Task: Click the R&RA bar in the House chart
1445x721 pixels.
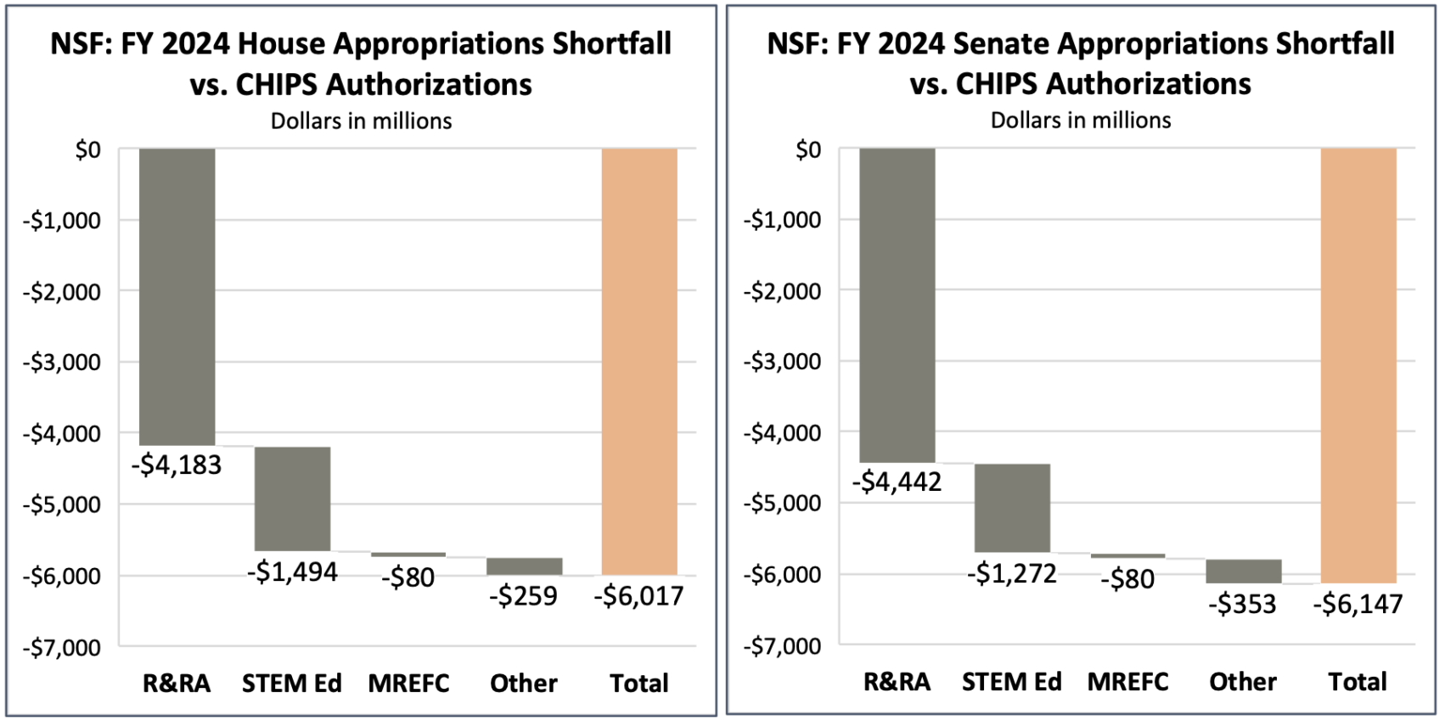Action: tap(177, 297)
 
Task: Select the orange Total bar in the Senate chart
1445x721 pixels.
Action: tap(1358, 365)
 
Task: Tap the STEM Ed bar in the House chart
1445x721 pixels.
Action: tap(292, 499)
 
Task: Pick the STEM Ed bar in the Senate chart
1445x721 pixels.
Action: tap(1012, 508)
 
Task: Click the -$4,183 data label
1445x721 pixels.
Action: tap(177, 465)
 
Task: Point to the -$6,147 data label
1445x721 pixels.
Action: tap(1358, 605)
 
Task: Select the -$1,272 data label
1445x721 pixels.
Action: tap(1012, 574)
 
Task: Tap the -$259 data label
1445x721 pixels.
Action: tap(523, 596)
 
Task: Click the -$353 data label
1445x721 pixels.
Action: tap(1242, 605)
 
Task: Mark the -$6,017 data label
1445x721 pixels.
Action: tap(638, 596)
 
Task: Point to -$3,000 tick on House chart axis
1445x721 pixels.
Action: tap(61, 363)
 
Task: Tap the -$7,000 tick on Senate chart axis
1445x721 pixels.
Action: tap(782, 647)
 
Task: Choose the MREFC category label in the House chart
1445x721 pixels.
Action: tap(408, 684)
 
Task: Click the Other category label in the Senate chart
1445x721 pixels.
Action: tap(1243, 682)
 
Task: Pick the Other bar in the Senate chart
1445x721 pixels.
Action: tap(1243, 571)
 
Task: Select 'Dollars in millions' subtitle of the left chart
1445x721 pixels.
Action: tap(361, 121)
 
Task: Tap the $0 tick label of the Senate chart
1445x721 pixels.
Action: tap(807, 150)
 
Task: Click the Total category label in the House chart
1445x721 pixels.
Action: tap(638, 684)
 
